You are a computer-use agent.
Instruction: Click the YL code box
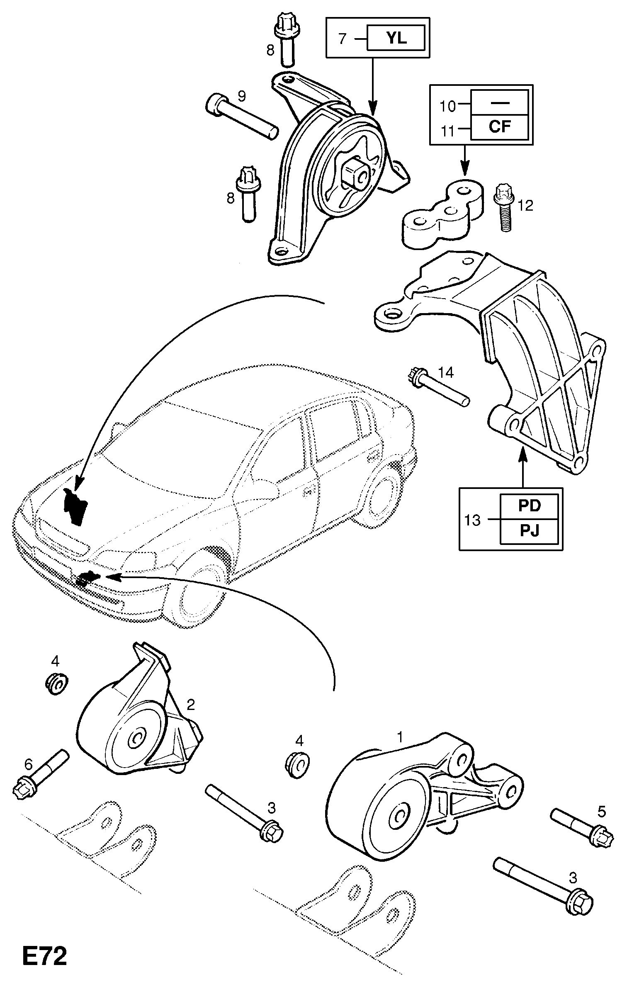tap(396, 39)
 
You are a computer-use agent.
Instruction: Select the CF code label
tap(500, 126)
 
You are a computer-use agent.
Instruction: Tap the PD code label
tap(530, 506)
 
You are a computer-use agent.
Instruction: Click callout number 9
tap(241, 96)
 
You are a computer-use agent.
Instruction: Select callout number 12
tap(525, 205)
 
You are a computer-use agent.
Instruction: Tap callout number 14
tap(446, 372)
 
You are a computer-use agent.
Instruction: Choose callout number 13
tap(472, 520)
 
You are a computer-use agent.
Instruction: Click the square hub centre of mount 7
tap(353, 175)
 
